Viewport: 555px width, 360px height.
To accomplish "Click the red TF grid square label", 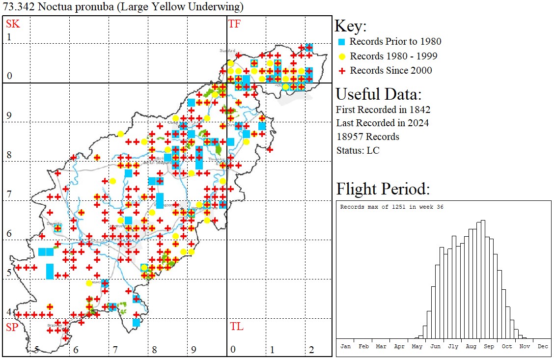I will [x=235, y=24].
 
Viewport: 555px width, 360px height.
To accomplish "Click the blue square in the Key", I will [x=342, y=42].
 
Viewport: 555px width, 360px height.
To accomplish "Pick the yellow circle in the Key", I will [x=342, y=56].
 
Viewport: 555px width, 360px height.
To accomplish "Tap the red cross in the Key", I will [x=342, y=71].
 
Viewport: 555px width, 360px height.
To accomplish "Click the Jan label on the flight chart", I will [x=346, y=346].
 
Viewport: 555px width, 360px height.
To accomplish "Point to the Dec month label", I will [x=543, y=346].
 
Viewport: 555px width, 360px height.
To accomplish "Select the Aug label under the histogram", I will [x=471, y=346].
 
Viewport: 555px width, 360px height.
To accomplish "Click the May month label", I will [x=417, y=346].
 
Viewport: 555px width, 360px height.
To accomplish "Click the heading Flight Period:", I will [x=383, y=189].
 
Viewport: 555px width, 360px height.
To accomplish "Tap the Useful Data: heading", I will [x=378, y=94].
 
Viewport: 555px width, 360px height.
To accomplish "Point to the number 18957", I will [x=350, y=137].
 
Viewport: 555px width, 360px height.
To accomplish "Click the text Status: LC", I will [x=358, y=150].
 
